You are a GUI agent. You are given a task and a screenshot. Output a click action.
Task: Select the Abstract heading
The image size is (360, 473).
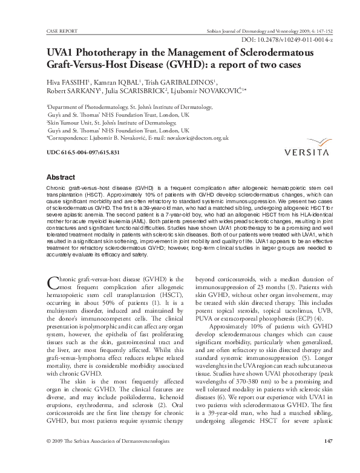pos(64,178)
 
